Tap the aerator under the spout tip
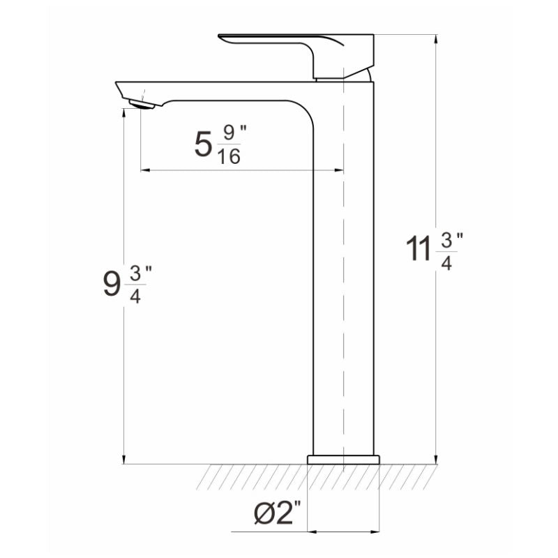[142, 105]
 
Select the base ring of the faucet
[343, 460]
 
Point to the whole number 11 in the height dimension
[418, 250]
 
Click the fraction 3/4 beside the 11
[447, 251]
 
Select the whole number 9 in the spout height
[112, 285]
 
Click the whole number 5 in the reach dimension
[203, 144]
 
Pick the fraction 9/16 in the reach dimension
[229, 144]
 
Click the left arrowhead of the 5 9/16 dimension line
[144, 169]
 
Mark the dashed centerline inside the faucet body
[344, 279]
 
